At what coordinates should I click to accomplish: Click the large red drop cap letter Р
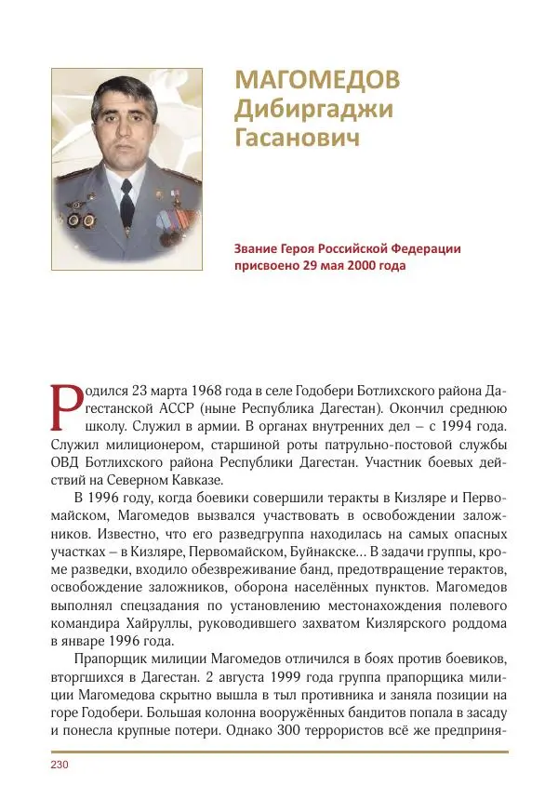(63, 407)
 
